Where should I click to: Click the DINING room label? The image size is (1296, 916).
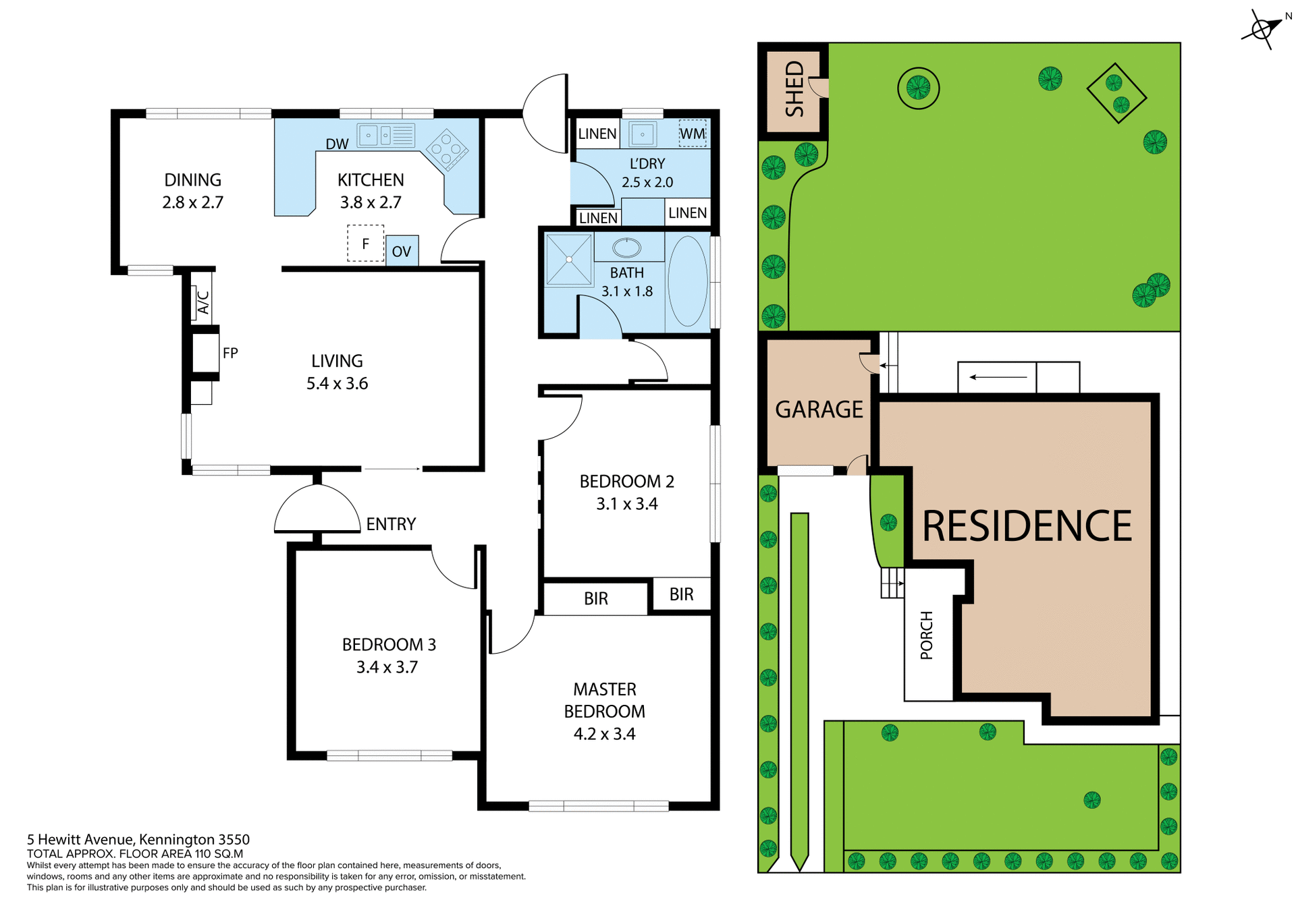click(x=192, y=180)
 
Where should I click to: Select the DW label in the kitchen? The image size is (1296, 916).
click(x=337, y=144)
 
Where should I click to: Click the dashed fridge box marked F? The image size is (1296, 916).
click(x=365, y=244)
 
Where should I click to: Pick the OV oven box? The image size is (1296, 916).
click(x=402, y=252)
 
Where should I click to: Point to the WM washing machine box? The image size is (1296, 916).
click(x=692, y=134)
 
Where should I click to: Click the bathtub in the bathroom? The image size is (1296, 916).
click(x=687, y=281)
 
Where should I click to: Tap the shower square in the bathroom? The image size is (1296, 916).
click(x=569, y=259)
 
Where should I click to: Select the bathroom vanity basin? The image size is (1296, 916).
click(x=626, y=248)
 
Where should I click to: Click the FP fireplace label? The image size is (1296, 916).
click(x=230, y=353)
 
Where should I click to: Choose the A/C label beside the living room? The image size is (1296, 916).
click(x=202, y=303)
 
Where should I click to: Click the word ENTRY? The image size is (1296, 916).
click(x=391, y=524)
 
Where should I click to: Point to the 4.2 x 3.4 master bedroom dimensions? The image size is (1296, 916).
click(x=604, y=734)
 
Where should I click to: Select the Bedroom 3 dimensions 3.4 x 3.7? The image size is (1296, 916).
click(x=387, y=667)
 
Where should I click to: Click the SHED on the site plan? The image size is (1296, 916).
click(x=794, y=90)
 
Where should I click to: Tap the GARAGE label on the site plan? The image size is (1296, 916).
click(x=819, y=409)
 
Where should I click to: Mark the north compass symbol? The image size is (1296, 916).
click(x=1261, y=29)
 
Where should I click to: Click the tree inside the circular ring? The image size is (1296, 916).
click(x=918, y=88)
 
